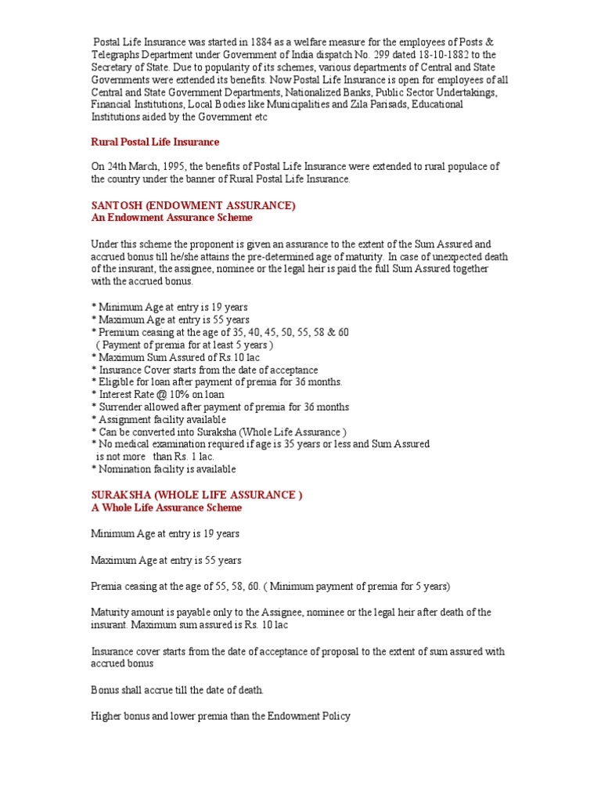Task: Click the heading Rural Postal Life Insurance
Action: (155, 142)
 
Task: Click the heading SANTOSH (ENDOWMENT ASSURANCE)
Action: (193, 205)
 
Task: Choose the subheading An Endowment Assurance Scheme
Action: (172, 217)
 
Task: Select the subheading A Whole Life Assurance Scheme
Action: (167, 508)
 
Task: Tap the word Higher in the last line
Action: (107, 715)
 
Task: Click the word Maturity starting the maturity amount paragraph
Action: (112, 612)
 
